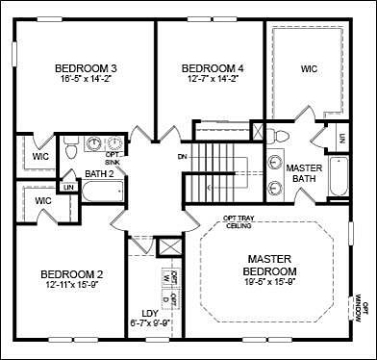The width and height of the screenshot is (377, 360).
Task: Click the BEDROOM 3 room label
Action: coord(86,67)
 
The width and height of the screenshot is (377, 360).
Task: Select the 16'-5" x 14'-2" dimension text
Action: coord(86,81)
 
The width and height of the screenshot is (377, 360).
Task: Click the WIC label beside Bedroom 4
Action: coord(309,68)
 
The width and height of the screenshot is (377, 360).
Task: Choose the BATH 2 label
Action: coord(99,174)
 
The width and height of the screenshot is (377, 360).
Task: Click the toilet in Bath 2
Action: coord(70,148)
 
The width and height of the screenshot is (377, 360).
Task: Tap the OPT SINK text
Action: coord(113,158)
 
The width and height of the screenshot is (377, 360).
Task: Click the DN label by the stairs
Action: coord(183,155)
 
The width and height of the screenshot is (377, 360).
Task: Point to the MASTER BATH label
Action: coord(305,173)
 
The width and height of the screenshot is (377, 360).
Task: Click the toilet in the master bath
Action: coord(272,134)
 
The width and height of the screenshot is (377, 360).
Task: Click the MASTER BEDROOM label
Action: coord(276,266)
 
